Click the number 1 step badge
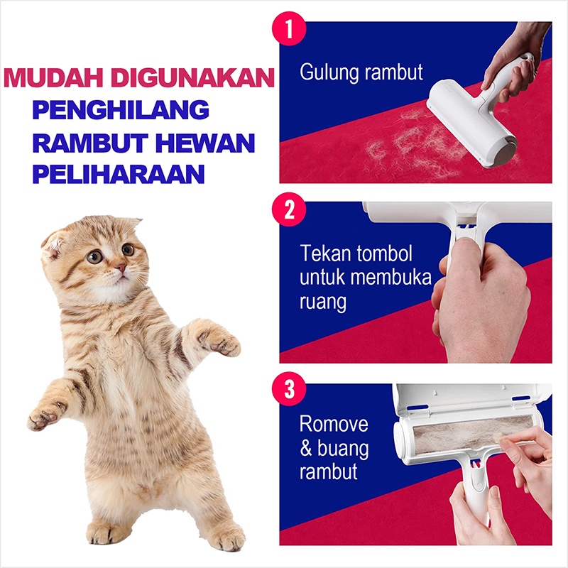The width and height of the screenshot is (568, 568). [x=289, y=28]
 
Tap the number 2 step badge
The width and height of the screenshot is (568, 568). [x=289, y=209]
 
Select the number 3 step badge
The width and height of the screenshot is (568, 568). [x=289, y=389]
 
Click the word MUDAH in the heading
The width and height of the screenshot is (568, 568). [x=53, y=77]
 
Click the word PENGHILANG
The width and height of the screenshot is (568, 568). [x=121, y=109]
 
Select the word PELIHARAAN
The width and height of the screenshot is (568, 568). [x=119, y=174]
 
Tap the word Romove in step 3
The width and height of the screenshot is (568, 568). [x=334, y=424]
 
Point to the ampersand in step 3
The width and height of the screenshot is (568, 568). [x=306, y=449]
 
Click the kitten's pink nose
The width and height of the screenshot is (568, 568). [x=121, y=268]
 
